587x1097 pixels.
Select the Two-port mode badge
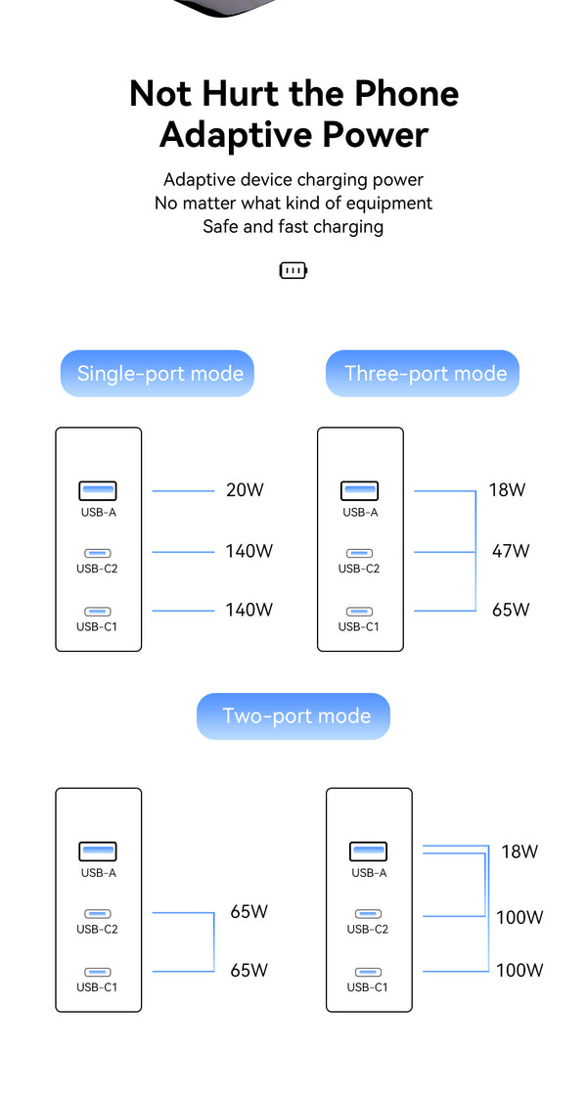point(293,715)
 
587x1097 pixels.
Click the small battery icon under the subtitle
point(293,270)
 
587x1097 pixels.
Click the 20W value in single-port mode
point(245,490)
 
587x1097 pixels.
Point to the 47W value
point(510,551)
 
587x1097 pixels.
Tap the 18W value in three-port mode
point(507,490)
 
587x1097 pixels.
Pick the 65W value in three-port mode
point(511,610)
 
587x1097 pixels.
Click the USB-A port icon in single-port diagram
point(98,490)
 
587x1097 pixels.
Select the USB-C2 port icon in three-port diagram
point(359,553)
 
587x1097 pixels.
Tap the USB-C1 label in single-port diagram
point(97,626)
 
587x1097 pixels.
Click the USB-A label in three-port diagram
point(359,512)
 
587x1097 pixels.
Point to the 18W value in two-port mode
point(519,851)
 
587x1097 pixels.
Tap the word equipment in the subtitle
point(383,204)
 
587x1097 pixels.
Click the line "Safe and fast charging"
point(293,227)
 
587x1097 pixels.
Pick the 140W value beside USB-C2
point(248,551)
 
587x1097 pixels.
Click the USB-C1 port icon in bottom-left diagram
point(98,972)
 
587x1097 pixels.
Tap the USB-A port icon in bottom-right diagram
point(368,851)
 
